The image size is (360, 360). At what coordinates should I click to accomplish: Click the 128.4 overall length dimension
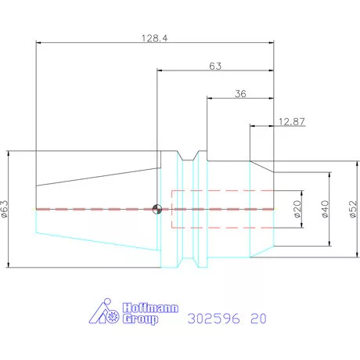pyautogui.click(x=155, y=38)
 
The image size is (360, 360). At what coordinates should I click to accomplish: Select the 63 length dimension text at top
pyautogui.click(x=215, y=66)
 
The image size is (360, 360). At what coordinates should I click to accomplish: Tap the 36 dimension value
pyautogui.click(x=240, y=94)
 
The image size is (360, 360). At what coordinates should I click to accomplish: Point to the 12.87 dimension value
pyautogui.click(x=292, y=121)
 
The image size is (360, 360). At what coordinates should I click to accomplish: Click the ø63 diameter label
pyautogui.click(x=5, y=209)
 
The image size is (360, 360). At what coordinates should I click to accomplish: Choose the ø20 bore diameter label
pyautogui.click(x=297, y=209)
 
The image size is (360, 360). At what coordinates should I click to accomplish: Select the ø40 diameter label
pyautogui.click(x=325, y=209)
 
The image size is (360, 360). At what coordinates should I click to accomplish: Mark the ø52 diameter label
pyautogui.click(x=353, y=209)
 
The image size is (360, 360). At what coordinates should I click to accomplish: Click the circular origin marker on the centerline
pyautogui.click(x=157, y=209)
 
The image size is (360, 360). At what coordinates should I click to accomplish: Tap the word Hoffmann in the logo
pyautogui.click(x=150, y=308)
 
